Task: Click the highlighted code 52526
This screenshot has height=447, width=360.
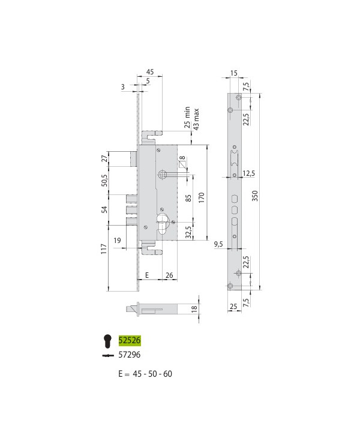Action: click(x=130, y=340)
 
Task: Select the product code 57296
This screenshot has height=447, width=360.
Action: click(x=130, y=355)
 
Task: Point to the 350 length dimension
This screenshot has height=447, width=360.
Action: click(x=255, y=196)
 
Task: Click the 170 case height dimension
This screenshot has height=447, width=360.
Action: click(x=201, y=197)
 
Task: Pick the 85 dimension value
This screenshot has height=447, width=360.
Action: click(x=188, y=199)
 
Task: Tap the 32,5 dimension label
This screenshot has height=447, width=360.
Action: click(x=188, y=232)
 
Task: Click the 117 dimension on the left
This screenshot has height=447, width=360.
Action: click(x=104, y=249)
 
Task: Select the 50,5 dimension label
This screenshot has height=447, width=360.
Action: click(x=105, y=181)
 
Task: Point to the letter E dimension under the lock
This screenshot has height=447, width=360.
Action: click(x=147, y=275)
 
